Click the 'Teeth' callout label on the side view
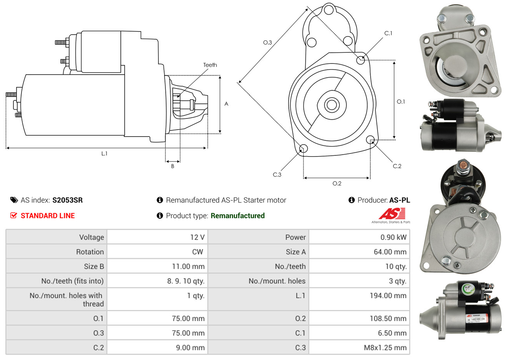(x=210, y=65)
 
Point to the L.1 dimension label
(x=104, y=153)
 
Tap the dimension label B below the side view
(x=173, y=166)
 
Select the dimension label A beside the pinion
(x=226, y=104)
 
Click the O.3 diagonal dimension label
(x=268, y=42)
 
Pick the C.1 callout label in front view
(x=388, y=33)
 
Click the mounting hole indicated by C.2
(x=370, y=139)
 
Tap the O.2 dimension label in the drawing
(x=337, y=183)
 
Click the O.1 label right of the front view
(x=401, y=102)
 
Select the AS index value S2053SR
(x=67, y=200)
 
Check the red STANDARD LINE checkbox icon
(x=14, y=215)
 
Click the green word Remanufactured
(x=238, y=216)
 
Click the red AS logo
(x=392, y=214)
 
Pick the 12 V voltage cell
(x=197, y=237)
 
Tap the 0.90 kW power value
(x=393, y=237)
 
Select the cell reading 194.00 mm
(x=390, y=296)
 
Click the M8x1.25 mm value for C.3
(x=385, y=348)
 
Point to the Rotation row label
(x=90, y=252)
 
